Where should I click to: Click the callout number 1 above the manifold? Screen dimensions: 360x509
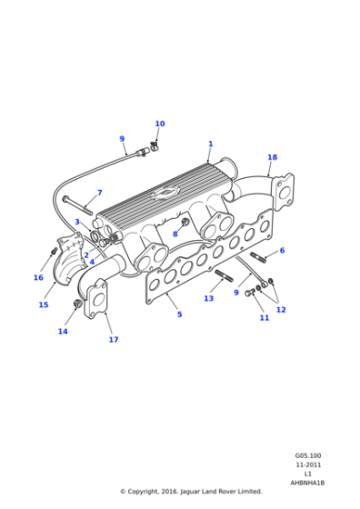pyautogui.click(x=211, y=144)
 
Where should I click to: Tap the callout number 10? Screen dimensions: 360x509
pyautogui.click(x=160, y=124)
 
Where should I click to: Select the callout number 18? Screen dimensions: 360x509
pyautogui.click(x=273, y=157)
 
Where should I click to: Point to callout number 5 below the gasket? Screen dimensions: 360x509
pyautogui.click(x=179, y=314)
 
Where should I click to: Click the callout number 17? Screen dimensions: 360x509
pyautogui.click(x=114, y=340)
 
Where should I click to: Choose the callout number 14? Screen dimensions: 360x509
pyautogui.click(x=63, y=332)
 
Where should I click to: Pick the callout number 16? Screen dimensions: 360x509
pyautogui.click(x=38, y=277)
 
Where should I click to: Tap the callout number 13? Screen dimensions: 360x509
pyautogui.click(x=209, y=298)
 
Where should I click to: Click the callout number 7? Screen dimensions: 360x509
pyautogui.click(x=100, y=193)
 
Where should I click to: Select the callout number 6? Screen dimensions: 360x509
pyautogui.click(x=282, y=250)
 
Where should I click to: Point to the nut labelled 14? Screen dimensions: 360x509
pyautogui.click(x=77, y=304)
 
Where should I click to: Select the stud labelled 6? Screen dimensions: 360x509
pyautogui.click(x=258, y=257)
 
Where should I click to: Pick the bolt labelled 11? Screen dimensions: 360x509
pyautogui.click(x=250, y=292)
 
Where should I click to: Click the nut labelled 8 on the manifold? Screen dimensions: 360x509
pyautogui.click(x=185, y=223)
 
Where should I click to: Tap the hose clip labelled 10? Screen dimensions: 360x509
pyautogui.click(x=154, y=145)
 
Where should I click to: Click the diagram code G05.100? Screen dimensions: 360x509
pyautogui.click(x=308, y=455)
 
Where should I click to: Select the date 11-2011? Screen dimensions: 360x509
pyautogui.click(x=308, y=464)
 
